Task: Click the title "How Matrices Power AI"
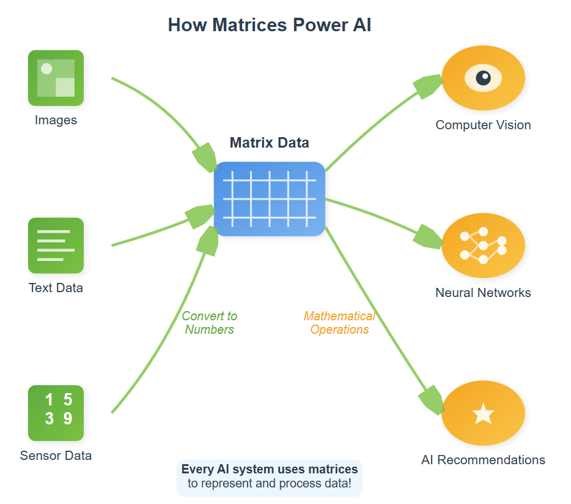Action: coord(269,25)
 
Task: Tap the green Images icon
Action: coord(56,78)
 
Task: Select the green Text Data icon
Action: coord(56,245)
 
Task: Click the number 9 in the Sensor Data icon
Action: coord(68,418)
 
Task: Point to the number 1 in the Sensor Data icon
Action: coord(50,400)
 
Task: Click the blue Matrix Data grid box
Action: coord(269,198)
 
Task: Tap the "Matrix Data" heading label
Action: coord(269,143)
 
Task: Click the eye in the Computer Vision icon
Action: coord(483,78)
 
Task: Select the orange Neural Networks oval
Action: coord(483,245)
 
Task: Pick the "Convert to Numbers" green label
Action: coord(210,323)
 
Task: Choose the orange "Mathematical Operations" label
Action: coord(339,323)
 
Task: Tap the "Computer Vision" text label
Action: coord(483,125)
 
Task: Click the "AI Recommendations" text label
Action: coord(483,460)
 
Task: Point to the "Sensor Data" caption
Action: coord(56,456)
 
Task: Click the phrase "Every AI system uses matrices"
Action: coord(270,470)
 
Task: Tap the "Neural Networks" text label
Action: coord(483,293)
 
